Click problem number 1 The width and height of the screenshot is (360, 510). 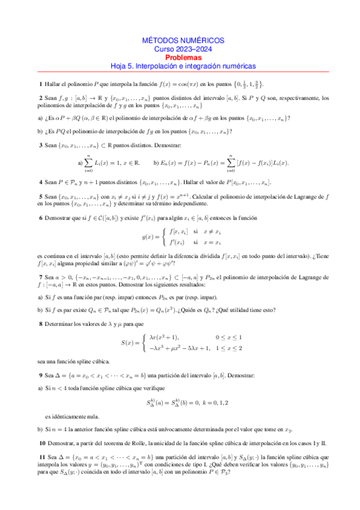click(x=40, y=84)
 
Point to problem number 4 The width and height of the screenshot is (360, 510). click(x=40, y=182)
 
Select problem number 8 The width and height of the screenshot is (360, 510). click(x=40, y=324)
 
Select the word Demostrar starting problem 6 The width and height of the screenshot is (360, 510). click(x=60, y=218)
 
